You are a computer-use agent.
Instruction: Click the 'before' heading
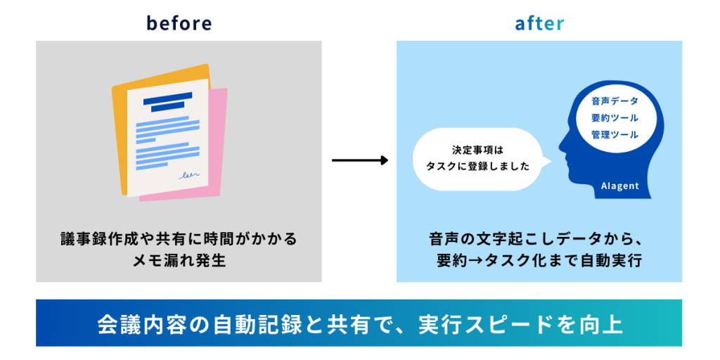click(x=179, y=23)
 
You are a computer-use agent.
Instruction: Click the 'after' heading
click(x=539, y=23)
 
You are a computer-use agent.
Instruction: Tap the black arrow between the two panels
click(x=359, y=160)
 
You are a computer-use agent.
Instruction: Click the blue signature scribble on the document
click(x=190, y=174)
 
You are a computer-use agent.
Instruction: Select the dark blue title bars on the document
click(x=167, y=103)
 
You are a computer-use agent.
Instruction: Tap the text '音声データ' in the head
click(x=615, y=101)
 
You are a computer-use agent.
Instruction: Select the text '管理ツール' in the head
click(x=615, y=134)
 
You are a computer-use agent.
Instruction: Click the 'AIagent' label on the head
click(x=619, y=186)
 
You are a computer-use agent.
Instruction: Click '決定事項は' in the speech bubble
click(x=478, y=150)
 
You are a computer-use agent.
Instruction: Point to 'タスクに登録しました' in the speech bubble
click(x=478, y=167)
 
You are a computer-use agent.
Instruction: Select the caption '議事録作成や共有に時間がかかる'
click(x=179, y=239)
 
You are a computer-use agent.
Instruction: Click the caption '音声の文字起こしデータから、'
click(x=539, y=239)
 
